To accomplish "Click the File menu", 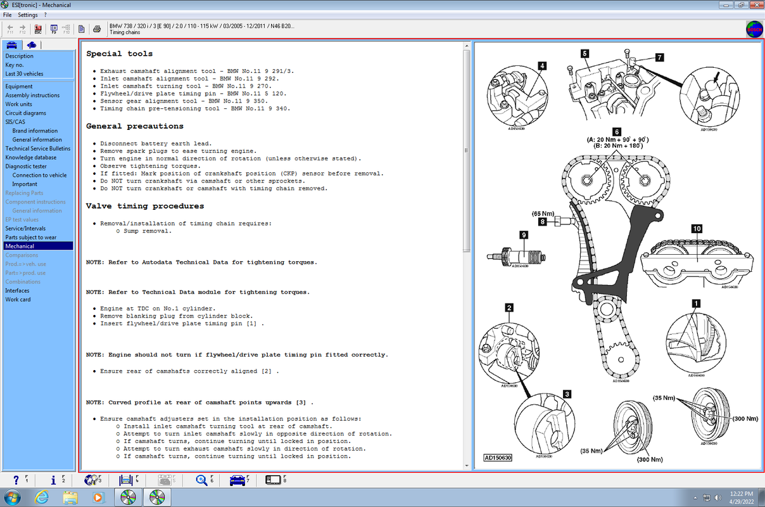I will pos(8,15).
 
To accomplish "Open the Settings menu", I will pos(28,15).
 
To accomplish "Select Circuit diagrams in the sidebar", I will pos(25,113).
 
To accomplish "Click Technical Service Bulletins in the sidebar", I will pos(38,148).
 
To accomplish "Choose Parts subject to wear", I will pos(30,237).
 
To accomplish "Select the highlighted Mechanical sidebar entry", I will pos(20,246).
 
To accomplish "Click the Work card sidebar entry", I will pos(18,299).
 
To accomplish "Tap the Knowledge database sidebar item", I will pos(30,157).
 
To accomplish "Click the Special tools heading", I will pos(119,54).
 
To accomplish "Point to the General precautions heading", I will pos(134,126).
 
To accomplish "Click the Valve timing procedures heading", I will pos(145,206).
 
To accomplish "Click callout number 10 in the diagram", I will pos(697,228).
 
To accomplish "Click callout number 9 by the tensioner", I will pos(524,234).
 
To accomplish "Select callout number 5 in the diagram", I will pos(584,54).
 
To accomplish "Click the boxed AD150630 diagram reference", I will pos(498,458).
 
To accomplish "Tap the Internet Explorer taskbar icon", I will pos(42,497).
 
